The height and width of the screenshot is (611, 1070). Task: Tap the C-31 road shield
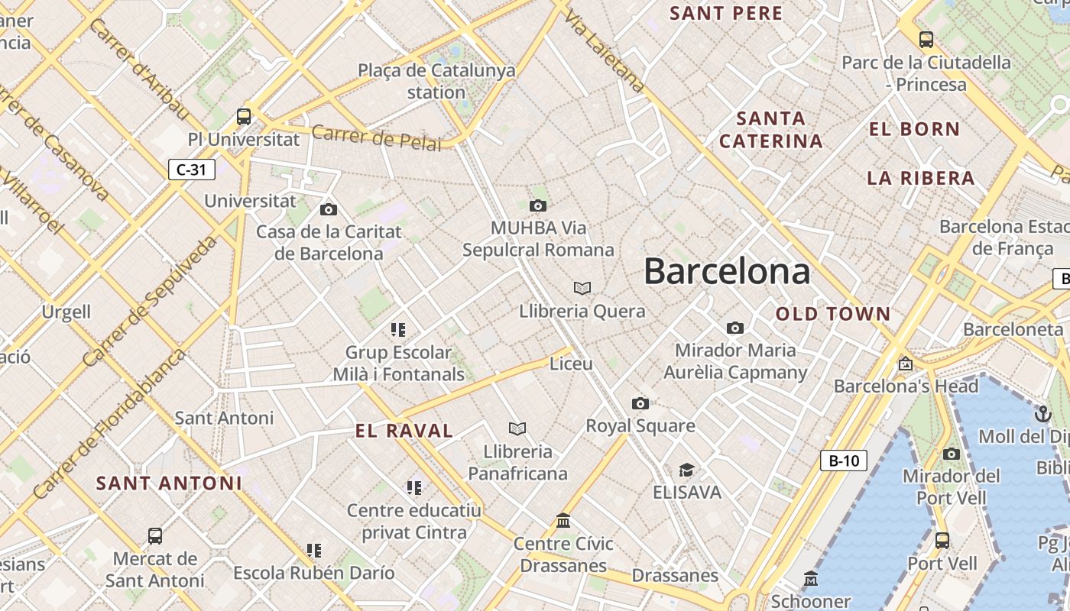pos(191,170)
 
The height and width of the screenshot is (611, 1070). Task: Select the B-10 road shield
pos(844,461)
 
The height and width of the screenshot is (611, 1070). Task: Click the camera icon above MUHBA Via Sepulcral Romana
pos(538,205)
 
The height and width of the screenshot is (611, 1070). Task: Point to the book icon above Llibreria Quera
pos(582,288)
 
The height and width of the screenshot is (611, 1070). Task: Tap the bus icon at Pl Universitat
pos(244,117)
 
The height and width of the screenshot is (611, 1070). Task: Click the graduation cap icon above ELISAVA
pos(686,470)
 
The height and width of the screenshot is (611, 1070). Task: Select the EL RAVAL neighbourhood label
pos(404,431)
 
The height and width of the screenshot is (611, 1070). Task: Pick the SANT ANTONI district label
pos(169,483)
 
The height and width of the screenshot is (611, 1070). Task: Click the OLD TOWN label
pos(833,314)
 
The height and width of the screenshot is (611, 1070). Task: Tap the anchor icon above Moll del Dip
pos(1042,414)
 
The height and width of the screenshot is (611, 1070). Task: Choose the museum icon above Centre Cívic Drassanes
pos(563,521)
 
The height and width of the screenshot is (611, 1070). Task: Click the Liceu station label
pos(571,364)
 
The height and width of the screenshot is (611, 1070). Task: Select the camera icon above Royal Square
pos(640,403)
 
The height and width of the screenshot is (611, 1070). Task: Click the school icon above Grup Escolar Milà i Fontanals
pos(398,330)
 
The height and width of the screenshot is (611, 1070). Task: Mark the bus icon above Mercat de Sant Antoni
pos(155,536)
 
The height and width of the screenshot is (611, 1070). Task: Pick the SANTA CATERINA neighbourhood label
pos(771,130)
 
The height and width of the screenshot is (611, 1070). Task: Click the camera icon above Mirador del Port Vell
pos(952,454)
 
